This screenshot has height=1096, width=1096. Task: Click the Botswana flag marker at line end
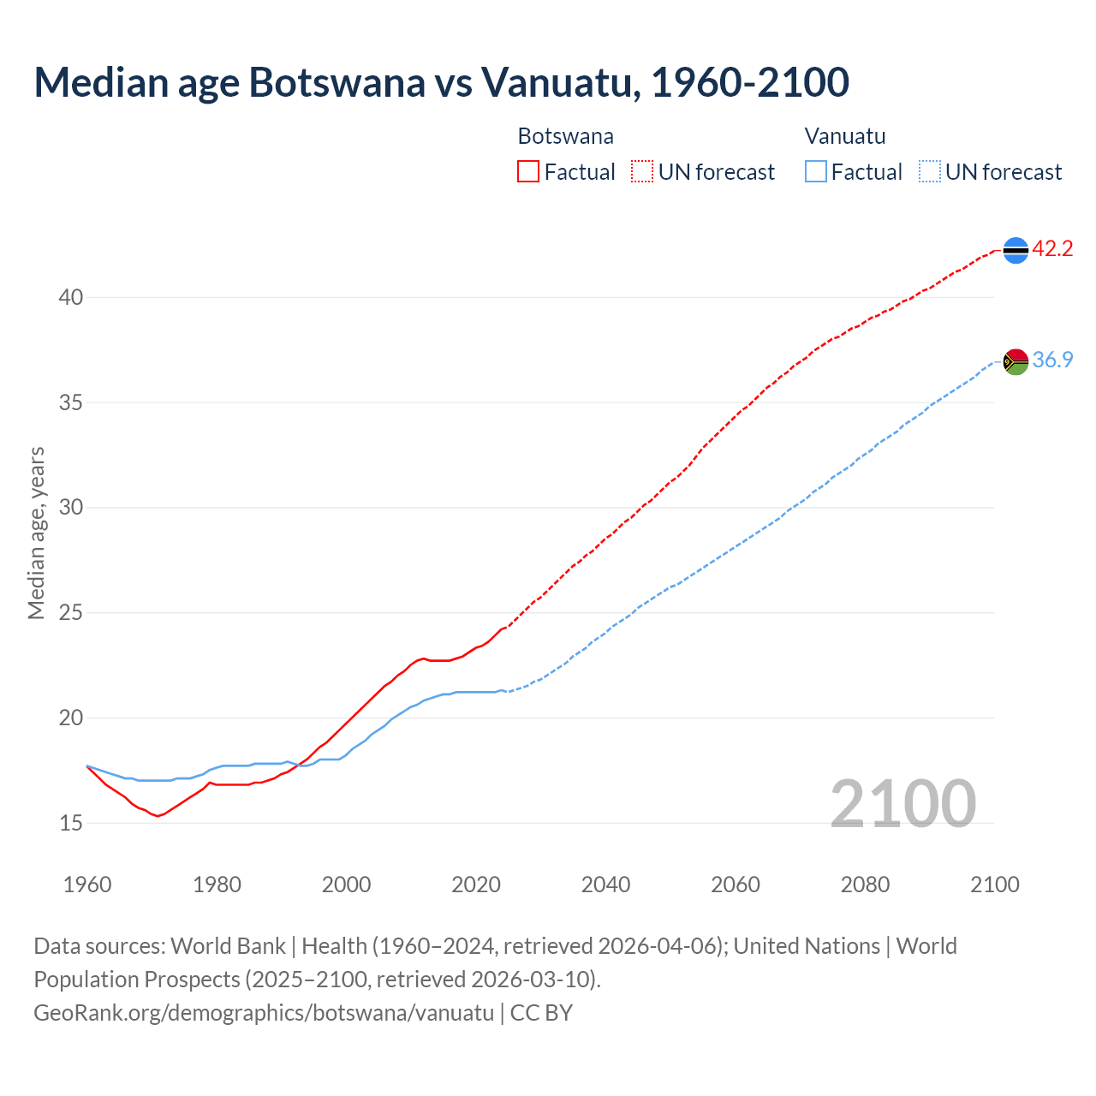point(1016,250)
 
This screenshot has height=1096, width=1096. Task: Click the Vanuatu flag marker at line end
point(1016,361)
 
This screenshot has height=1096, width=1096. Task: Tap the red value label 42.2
point(1052,249)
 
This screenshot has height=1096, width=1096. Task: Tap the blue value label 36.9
point(1052,360)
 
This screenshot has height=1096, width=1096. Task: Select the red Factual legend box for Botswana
point(528,172)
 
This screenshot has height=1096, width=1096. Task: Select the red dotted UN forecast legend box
point(642,172)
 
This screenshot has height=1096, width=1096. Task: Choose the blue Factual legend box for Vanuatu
point(816,172)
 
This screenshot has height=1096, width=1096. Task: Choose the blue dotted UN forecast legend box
point(929,172)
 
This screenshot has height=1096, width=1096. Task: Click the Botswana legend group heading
point(565,136)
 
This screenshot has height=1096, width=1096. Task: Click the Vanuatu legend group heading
point(844,136)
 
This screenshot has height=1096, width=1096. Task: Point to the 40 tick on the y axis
point(70,297)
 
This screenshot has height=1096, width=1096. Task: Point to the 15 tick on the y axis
point(70,823)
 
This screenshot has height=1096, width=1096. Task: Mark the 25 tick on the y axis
point(70,613)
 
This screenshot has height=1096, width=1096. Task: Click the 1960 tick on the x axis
point(87,885)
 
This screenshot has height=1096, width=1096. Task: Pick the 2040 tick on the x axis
point(605,885)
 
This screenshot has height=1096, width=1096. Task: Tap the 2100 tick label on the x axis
point(994,885)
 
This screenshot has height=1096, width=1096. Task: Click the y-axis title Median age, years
point(36,533)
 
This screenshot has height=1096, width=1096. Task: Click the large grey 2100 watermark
point(902,803)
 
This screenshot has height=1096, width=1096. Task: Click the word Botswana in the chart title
point(337,82)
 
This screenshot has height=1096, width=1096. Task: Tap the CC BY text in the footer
point(541,1013)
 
